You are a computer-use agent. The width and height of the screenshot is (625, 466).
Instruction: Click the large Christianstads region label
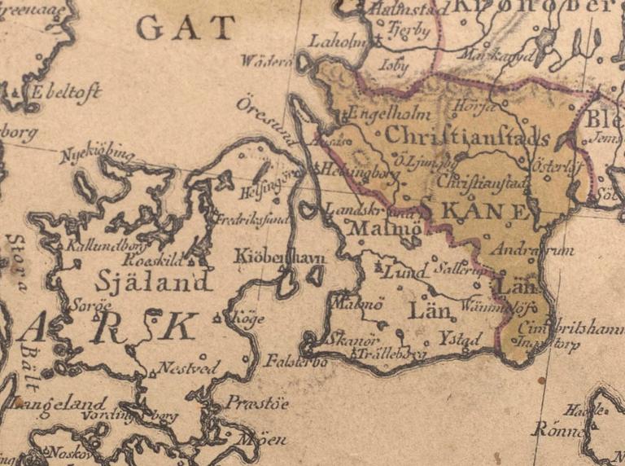468,136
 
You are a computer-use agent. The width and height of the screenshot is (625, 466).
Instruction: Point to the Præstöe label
256,402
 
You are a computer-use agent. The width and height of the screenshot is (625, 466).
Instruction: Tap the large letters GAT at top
186,29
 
